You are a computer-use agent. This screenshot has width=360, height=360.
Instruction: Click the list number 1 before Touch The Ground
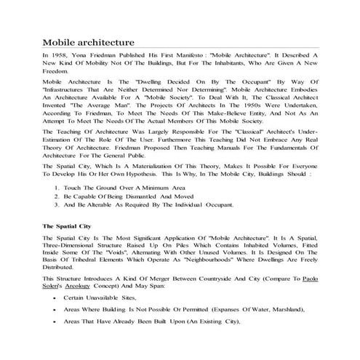[x=57, y=188]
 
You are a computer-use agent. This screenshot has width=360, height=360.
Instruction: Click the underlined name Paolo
[x=311, y=280]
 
